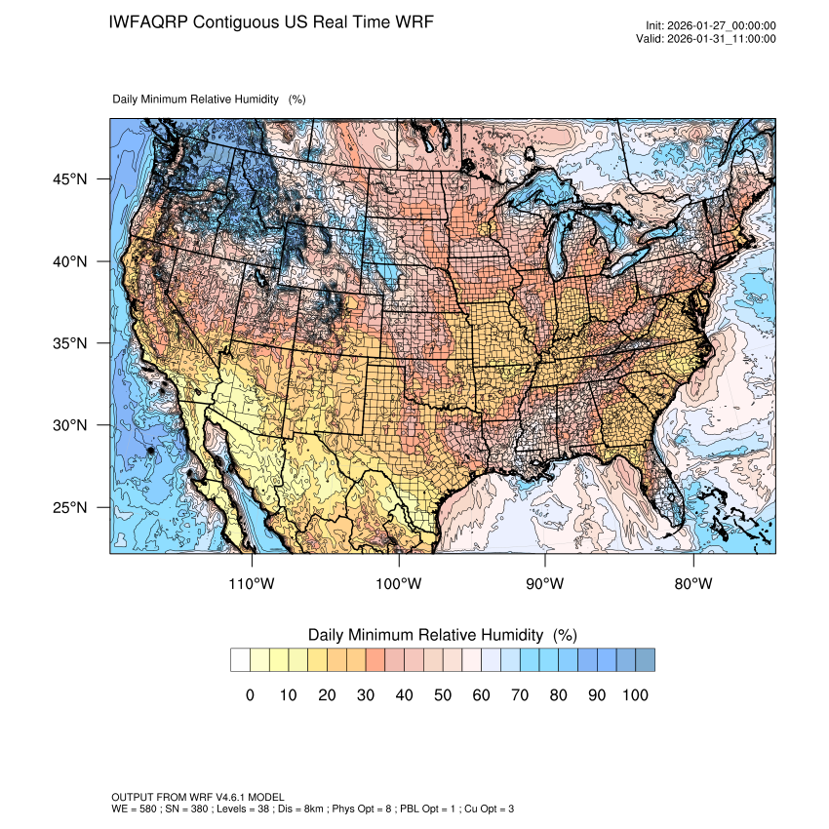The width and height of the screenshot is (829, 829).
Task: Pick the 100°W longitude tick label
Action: [399, 584]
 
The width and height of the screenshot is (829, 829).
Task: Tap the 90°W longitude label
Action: [545, 584]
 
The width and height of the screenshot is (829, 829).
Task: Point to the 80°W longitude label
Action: [692, 584]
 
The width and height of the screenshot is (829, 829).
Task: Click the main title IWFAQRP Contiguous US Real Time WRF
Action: [272, 21]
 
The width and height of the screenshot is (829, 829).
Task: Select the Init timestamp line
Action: [711, 25]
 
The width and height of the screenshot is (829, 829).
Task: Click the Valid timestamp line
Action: [711, 39]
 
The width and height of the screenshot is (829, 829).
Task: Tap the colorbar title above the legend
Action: [443, 635]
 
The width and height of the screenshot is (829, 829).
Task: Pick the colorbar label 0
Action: [250, 695]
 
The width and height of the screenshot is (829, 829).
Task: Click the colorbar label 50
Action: [443, 695]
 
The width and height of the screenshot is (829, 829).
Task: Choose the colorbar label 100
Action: [635, 695]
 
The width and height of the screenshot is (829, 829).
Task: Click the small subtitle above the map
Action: [210, 99]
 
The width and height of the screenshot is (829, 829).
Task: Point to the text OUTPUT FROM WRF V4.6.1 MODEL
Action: [198, 798]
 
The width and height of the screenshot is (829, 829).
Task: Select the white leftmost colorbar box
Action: [240, 660]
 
